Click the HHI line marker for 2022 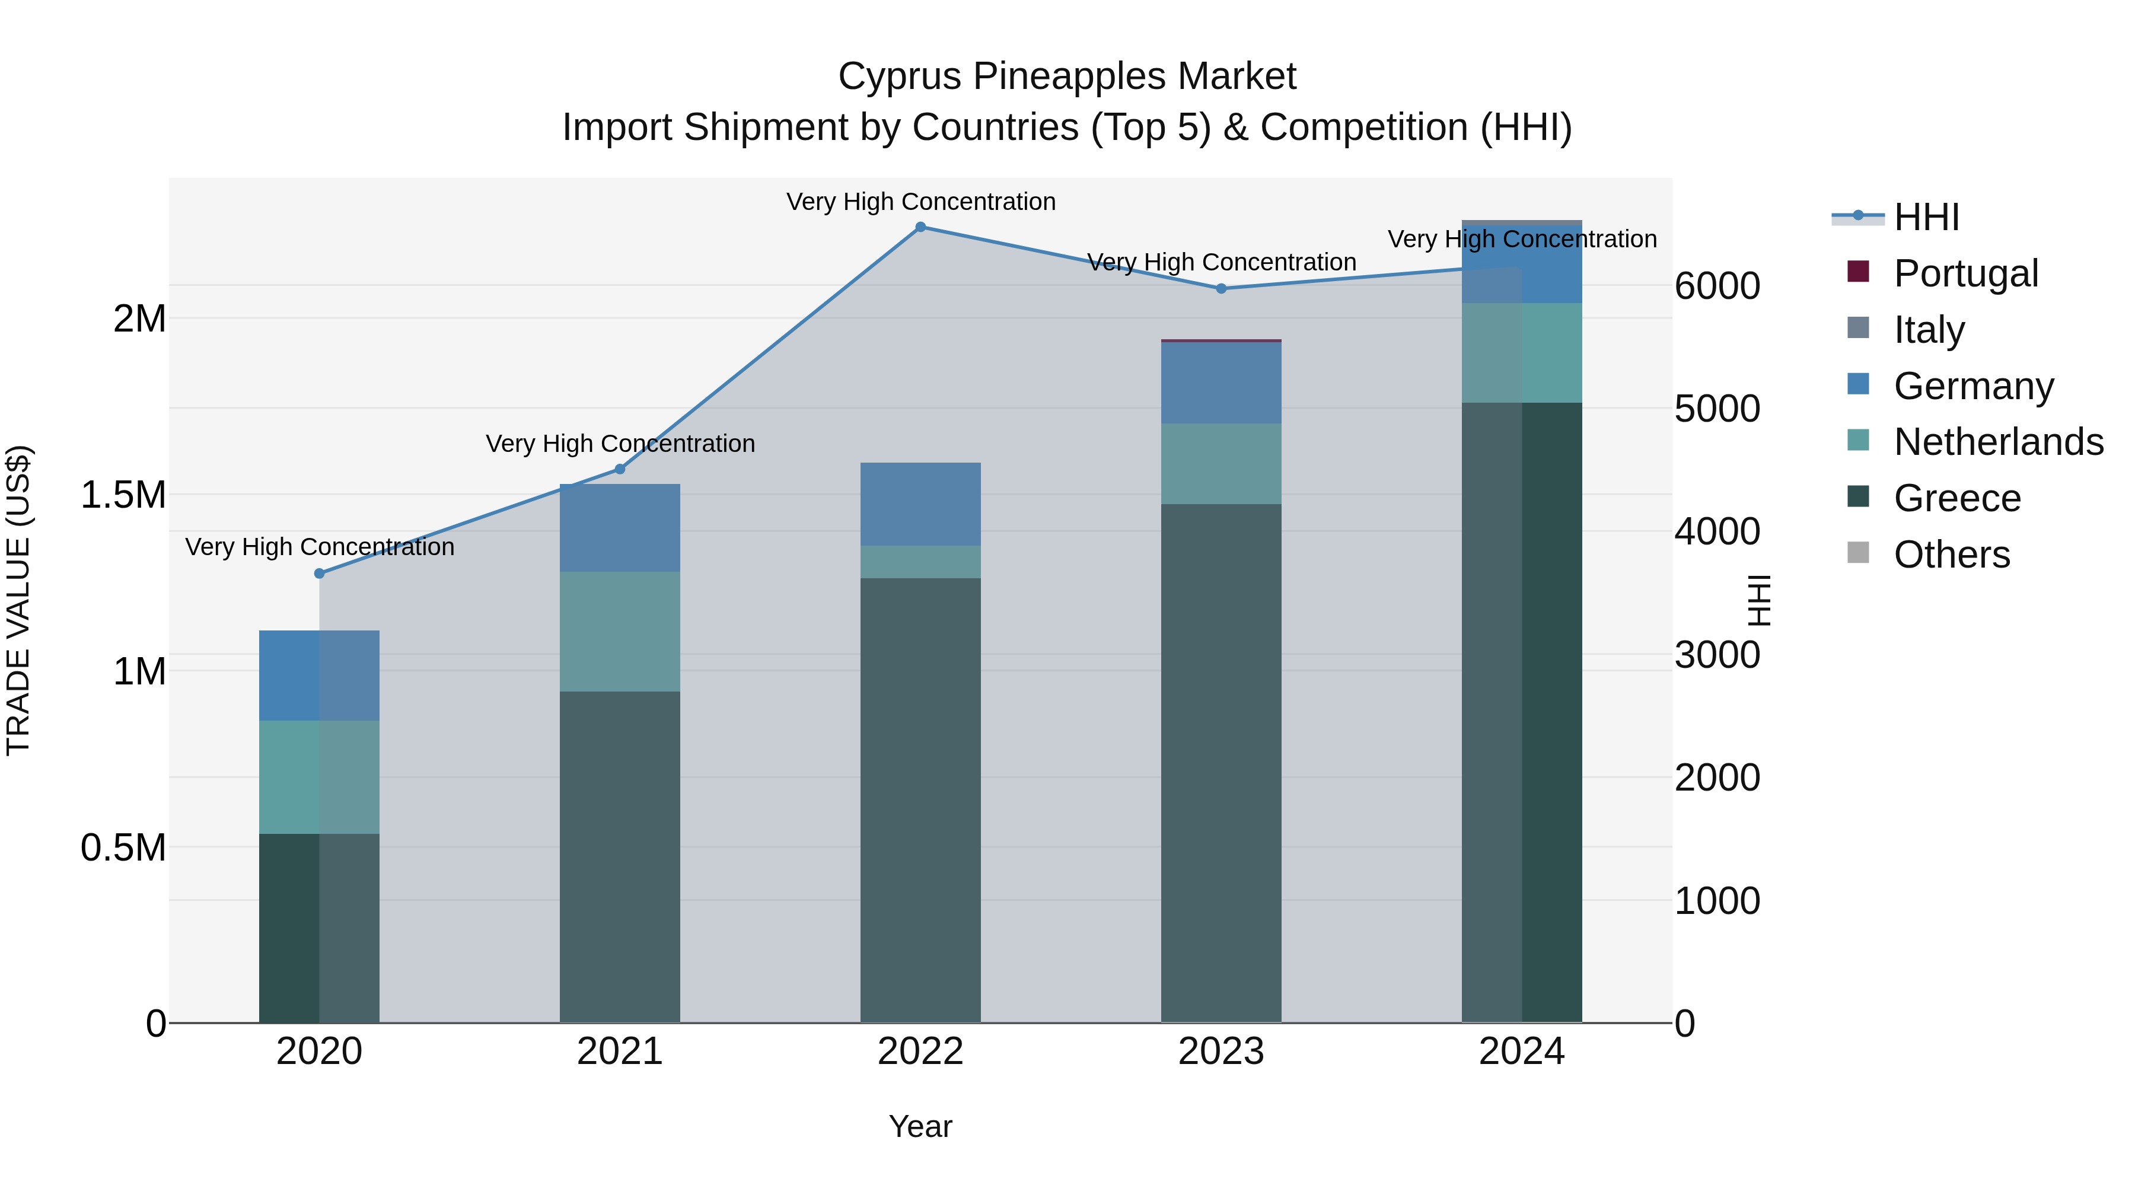click(920, 227)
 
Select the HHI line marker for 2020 click(319, 574)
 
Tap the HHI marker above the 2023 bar click(1221, 288)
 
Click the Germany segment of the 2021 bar click(620, 528)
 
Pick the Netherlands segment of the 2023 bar click(1221, 464)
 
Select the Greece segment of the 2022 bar click(920, 800)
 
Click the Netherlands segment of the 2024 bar click(1522, 353)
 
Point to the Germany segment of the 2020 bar click(319, 676)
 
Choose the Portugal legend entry click(1965, 273)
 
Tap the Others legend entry click(1951, 555)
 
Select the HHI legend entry click(1926, 217)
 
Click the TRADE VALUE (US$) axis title click(18, 600)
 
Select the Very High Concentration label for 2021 click(620, 444)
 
